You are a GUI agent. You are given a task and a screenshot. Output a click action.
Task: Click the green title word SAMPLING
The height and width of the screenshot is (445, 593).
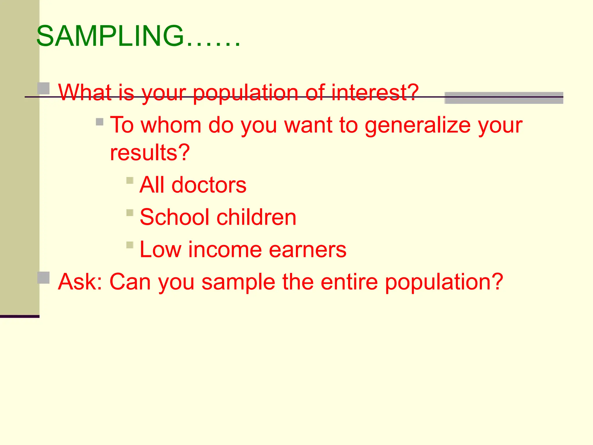[x=110, y=36]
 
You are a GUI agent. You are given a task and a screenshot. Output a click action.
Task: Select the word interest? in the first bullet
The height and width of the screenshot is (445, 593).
[x=375, y=92]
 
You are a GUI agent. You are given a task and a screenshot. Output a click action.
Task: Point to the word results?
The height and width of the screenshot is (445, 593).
[x=150, y=152]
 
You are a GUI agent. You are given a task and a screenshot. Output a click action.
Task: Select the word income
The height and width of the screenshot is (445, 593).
[x=225, y=249]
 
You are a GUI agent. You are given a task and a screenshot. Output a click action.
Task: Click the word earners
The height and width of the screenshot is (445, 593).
[x=308, y=249]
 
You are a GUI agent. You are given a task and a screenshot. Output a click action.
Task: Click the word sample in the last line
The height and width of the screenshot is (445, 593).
[x=238, y=282]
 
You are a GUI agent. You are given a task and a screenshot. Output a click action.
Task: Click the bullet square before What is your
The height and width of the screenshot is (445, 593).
[x=44, y=88]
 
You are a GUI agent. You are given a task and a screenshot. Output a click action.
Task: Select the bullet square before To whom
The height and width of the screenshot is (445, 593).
[x=100, y=122]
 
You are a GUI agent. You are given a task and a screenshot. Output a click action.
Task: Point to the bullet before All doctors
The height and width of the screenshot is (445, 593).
[x=130, y=181]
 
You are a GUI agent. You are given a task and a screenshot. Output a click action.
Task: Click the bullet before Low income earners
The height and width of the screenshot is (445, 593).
[x=130, y=245]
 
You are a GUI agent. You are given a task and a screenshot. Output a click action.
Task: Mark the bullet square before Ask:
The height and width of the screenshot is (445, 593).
[x=44, y=278]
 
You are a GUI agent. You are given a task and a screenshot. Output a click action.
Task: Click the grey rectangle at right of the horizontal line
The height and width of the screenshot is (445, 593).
[x=504, y=98]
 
